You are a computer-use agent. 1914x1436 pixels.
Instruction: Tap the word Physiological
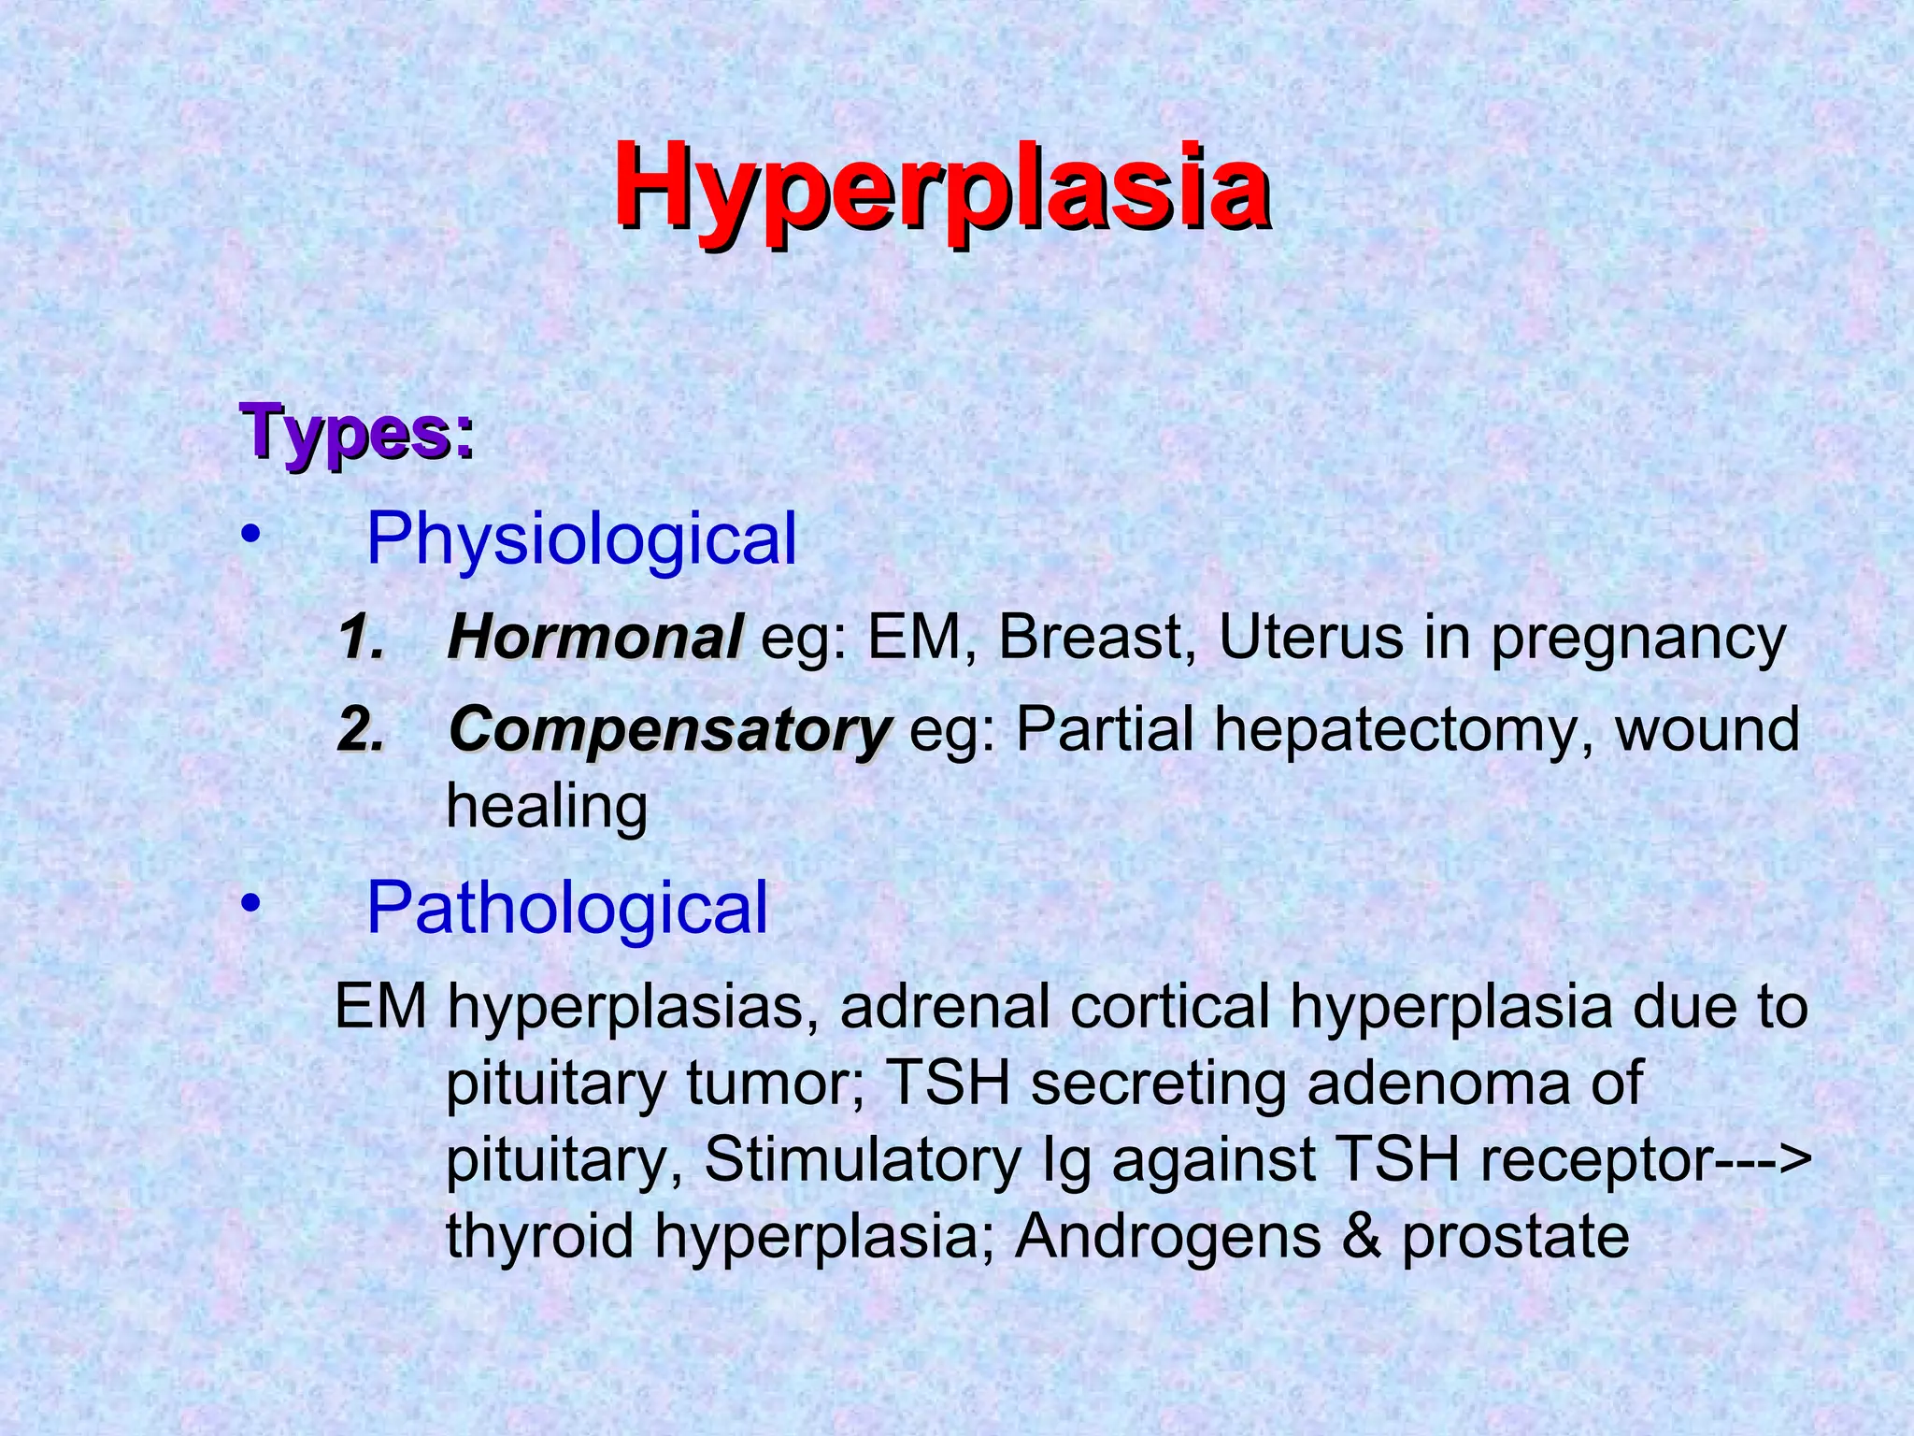(581, 540)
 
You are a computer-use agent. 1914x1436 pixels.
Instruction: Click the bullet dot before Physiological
(249, 536)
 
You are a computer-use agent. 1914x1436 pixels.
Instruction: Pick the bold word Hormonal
(595, 639)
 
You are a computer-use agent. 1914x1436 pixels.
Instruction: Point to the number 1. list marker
(361, 640)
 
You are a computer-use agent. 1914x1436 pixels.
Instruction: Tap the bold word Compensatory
(670, 731)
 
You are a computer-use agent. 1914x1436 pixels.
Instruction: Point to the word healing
(547, 807)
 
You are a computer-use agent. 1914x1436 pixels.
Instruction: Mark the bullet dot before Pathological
(249, 904)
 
